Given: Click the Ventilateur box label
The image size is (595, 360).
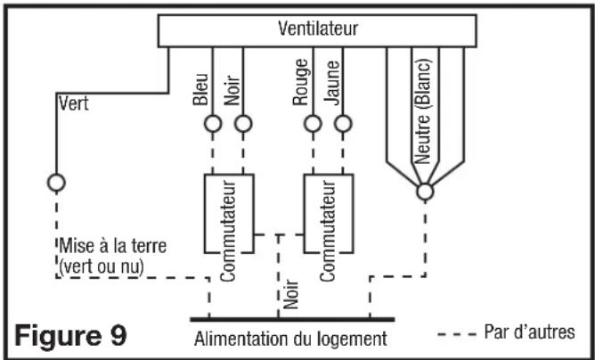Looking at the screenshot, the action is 318,29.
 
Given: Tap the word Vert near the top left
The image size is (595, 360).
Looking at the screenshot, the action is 74,103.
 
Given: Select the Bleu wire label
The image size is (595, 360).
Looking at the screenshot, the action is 200,89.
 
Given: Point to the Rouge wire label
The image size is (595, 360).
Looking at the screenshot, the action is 300,82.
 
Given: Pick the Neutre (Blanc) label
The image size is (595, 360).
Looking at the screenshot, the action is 423,110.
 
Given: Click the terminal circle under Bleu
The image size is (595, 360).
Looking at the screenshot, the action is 213,124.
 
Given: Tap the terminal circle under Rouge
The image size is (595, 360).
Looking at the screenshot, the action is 313,124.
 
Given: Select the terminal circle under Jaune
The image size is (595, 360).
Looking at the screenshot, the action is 344,124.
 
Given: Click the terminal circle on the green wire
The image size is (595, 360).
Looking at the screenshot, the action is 56,183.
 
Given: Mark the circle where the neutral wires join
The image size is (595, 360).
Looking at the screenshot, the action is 425,192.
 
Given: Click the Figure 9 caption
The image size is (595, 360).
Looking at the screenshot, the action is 70,336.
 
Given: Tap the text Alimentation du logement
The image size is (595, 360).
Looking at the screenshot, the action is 290,339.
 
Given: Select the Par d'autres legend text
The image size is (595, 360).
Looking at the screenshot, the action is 530,331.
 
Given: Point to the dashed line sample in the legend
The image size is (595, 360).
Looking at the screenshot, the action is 457,334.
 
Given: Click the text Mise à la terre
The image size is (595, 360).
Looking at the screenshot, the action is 113,246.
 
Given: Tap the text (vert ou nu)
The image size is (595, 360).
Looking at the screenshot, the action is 102,267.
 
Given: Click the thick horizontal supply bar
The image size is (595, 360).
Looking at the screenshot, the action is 292,320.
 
